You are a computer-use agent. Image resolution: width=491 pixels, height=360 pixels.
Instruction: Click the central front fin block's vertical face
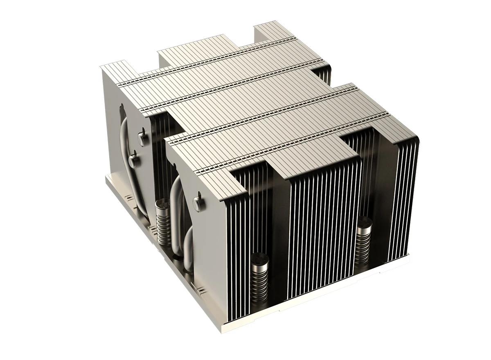click(x=323, y=229)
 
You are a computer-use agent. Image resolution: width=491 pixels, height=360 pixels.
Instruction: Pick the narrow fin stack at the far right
click(x=403, y=196)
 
